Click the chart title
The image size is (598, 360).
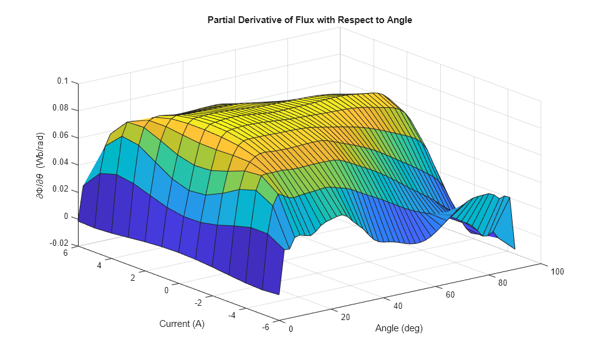pyautogui.click(x=310, y=20)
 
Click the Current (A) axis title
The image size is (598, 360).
pyautogui.click(x=181, y=324)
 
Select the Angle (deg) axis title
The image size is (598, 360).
pyautogui.click(x=398, y=328)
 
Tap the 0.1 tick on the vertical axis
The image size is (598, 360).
pyautogui.click(x=62, y=82)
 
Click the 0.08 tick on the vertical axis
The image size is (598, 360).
pyautogui.click(x=60, y=109)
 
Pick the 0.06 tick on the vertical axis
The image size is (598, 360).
pyautogui.click(x=60, y=136)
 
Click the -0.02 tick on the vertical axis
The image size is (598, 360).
pyautogui.click(x=59, y=244)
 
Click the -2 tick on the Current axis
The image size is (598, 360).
pyautogui.click(x=198, y=303)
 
